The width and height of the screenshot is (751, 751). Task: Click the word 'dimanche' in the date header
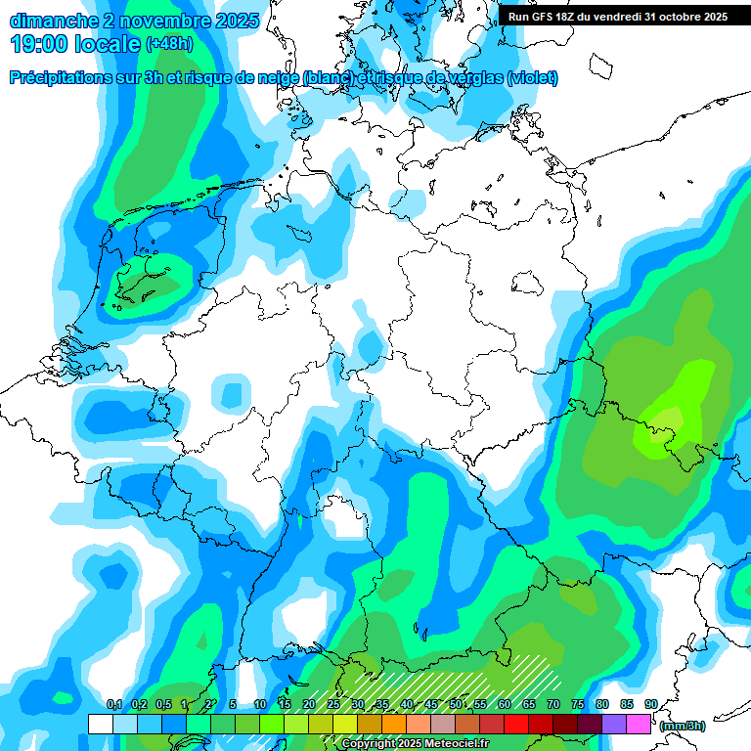pos(51,21)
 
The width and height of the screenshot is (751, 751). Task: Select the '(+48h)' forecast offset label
pos(169,44)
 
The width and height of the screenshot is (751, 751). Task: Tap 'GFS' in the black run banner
pos(541,17)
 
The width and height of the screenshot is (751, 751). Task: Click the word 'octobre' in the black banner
pos(676,17)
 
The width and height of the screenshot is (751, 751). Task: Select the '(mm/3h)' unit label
pos(683,726)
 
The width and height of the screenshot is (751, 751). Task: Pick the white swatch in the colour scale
pos(101,725)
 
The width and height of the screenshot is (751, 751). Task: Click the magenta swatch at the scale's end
pos(639,725)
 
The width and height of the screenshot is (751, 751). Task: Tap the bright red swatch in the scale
pos(516,725)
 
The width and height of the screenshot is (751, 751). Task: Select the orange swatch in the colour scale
pos(394,725)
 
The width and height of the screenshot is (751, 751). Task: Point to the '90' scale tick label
pos(650,704)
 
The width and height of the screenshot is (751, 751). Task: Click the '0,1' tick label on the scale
pos(113,704)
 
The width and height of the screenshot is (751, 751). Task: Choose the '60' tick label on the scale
pos(504,704)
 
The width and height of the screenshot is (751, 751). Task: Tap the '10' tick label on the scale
pos(259,704)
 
